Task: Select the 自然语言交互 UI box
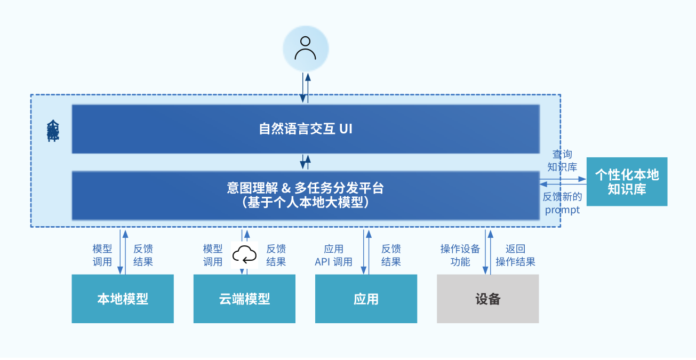(x=306, y=129)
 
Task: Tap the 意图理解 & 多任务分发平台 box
(x=306, y=195)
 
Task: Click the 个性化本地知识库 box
(x=627, y=182)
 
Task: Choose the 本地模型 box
(x=123, y=299)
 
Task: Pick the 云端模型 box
(x=244, y=299)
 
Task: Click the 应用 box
(x=366, y=299)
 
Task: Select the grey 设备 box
(x=487, y=299)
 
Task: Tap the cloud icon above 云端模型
(x=244, y=255)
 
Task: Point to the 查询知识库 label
(x=562, y=161)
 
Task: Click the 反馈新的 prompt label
(x=562, y=203)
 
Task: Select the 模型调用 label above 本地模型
(x=102, y=255)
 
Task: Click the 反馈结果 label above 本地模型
(x=143, y=255)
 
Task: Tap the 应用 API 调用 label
(x=333, y=255)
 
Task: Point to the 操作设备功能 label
(x=460, y=255)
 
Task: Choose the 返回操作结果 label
(x=515, y=255)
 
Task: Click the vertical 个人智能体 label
(x=53, y=131)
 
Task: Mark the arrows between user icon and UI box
(x=306, y=87)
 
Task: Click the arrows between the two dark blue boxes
(x=306, y=162)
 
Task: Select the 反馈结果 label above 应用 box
(x=391, y=255)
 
